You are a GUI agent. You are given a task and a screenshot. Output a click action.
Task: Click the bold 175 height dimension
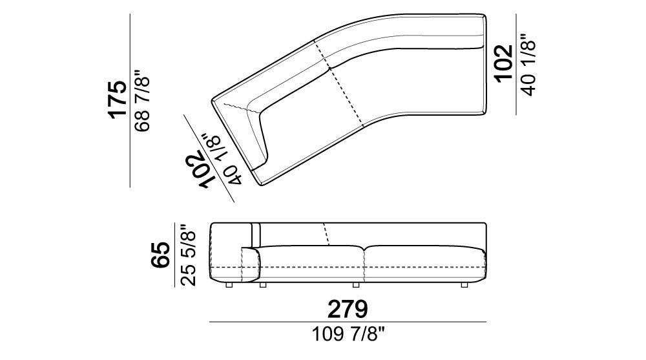point(118,99)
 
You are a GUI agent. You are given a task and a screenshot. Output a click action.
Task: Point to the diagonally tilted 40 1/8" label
point(221,158)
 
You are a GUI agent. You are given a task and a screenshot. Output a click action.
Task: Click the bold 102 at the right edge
point(504,63)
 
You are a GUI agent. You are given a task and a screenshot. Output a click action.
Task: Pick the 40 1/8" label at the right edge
point(528,65)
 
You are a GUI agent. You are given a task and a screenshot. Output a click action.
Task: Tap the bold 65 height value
point(160,255)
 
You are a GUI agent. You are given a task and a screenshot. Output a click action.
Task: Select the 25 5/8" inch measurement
point(188,255)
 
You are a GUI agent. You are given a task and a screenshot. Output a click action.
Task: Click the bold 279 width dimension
point(348,309)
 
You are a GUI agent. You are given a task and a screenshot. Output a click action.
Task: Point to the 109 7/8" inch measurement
point(349,334)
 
